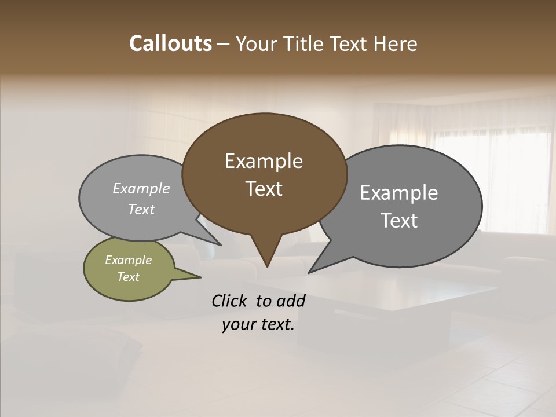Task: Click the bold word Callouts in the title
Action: (x=170, y=43)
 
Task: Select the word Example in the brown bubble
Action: (x=264, y=161)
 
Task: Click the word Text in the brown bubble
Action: (x=264, y=188)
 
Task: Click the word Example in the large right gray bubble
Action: (x=398, y=193)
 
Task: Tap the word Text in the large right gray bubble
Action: (x=398, y=220)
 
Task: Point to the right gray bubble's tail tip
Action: (x=309, y=272)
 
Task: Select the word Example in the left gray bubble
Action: (x=141, y=188)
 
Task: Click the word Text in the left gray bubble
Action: (x=141, y=209)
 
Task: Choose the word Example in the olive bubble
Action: (x=128, y=260)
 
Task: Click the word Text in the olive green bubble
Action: (x=128, y=277)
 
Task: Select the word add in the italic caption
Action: (x=290, y=301)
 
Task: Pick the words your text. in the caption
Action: (x=258, y=324)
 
